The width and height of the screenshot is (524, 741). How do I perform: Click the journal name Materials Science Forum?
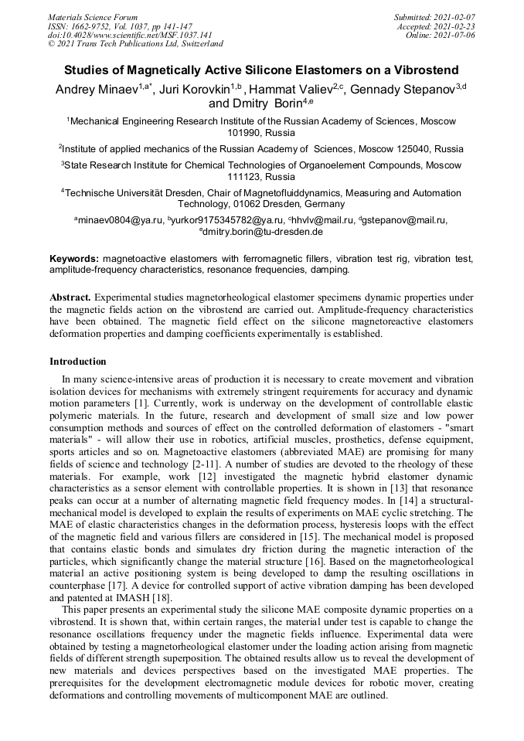93,17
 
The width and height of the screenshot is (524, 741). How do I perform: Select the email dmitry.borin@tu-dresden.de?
263,231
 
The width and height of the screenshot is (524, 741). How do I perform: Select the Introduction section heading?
78,361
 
